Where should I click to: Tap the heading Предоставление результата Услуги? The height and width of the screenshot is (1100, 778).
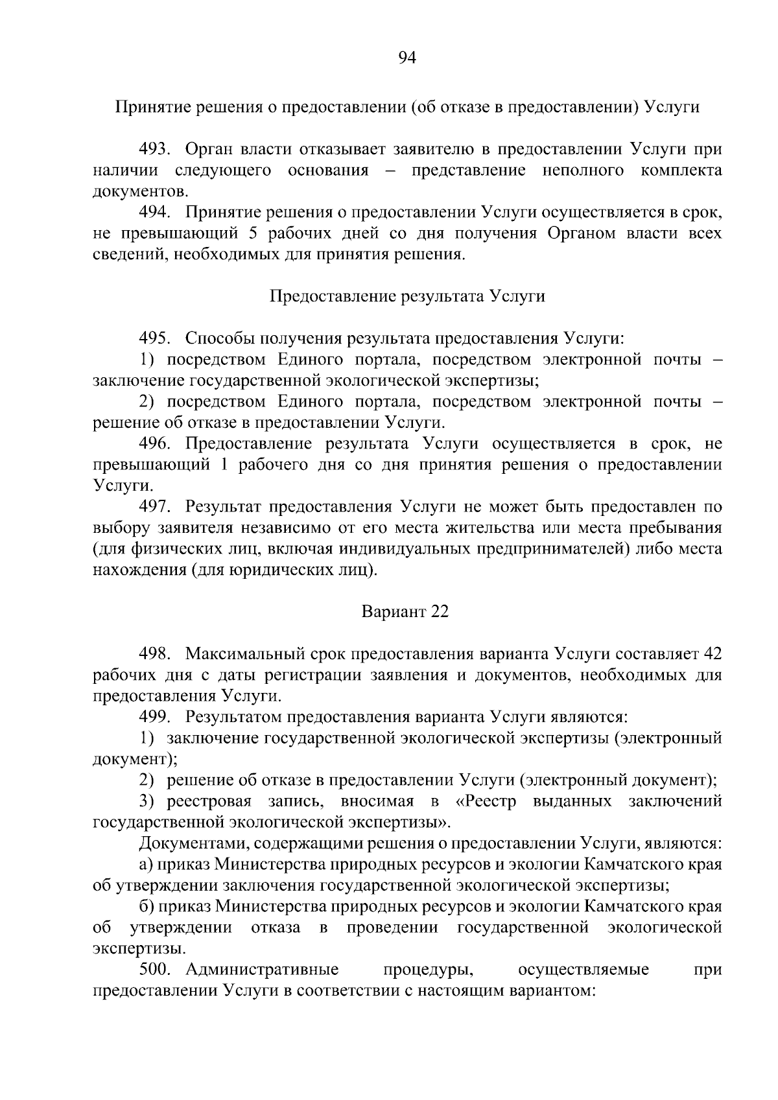pos(407,296)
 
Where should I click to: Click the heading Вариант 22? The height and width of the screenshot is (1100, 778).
pos(405,612)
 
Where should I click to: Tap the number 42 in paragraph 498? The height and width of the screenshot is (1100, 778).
pos(712,654)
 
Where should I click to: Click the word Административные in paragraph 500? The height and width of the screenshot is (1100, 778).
pos(262,970)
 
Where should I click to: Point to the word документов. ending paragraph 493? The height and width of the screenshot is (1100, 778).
pos(141,191)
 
